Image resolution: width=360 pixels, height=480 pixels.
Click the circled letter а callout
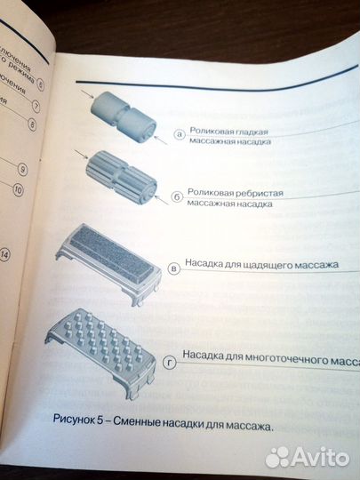[180, 134]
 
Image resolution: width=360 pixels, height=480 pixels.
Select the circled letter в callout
[174, 268]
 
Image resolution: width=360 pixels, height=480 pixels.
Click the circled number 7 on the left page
[36, 105]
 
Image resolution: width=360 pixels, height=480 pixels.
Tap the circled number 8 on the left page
[33, 125]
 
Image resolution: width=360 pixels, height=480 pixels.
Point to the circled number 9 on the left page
[24, 169]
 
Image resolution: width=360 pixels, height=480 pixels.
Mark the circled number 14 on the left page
[7, 254]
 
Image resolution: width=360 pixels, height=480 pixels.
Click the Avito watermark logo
[306, 456]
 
